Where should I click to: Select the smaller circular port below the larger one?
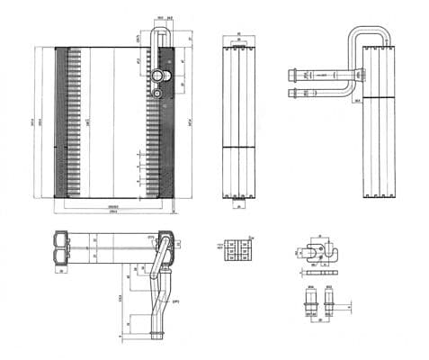160,90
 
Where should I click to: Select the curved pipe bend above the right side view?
369,36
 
